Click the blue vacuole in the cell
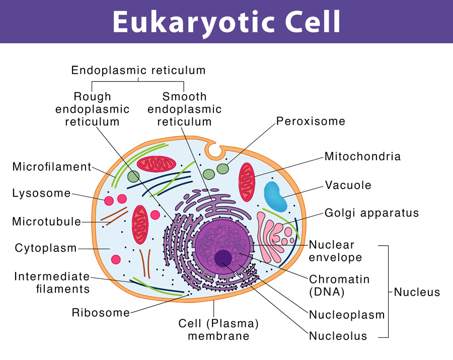(x=275, y=196)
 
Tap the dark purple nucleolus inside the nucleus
(x=223, y=258)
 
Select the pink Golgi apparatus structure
(x=274, y=236)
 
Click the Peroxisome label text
(x=311, y=121)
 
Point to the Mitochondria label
(x=362, y=156)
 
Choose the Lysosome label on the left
(x=41, y=193)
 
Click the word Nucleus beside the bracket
(x=417, y=292)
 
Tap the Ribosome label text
(x=101, y=312)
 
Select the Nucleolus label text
(x=338, y=336)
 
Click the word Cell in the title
(x=313, y=22)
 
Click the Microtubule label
(x=46, y=222)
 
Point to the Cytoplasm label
(x=46, y=248)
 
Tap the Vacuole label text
(x=348, y=185)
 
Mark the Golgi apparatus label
(x=371, y=213)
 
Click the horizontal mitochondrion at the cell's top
(x=157, y=164)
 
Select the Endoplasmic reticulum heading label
(x=138, y=70)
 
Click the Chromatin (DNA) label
(x=339, y=285)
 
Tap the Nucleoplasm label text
(x=347, y=315)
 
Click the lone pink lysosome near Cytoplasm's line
(x=116, y=259)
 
